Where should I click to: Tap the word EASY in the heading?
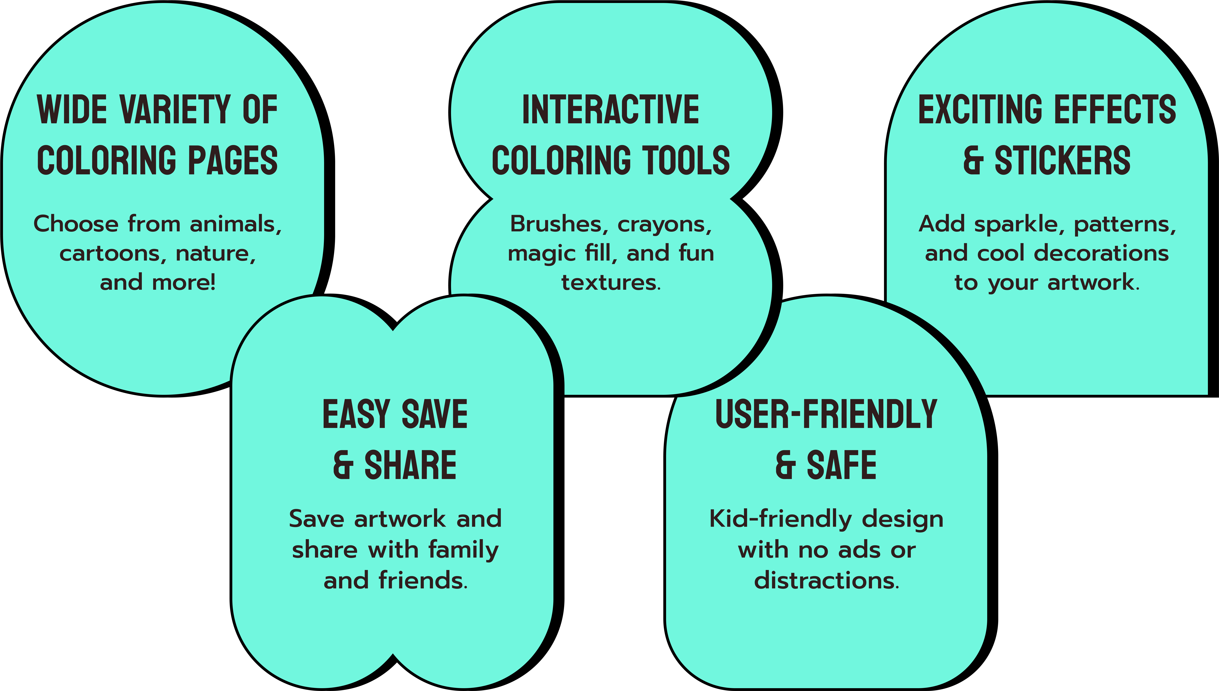356,414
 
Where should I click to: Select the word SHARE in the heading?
410,465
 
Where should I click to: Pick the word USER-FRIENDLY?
826,414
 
